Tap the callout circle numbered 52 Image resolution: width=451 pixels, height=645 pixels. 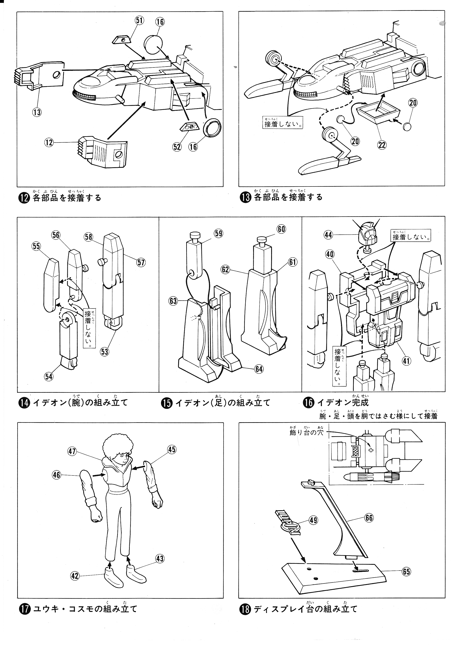(177, 147)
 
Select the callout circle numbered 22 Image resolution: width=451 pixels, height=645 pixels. (382, 145)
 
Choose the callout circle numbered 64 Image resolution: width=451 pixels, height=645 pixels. (259, 369)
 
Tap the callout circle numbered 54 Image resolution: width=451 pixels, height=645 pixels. (49, 376)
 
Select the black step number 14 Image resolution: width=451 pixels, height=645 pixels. (23, 403)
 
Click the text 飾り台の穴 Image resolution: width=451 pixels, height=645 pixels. (306, 433)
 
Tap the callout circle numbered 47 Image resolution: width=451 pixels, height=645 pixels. (72, 451)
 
